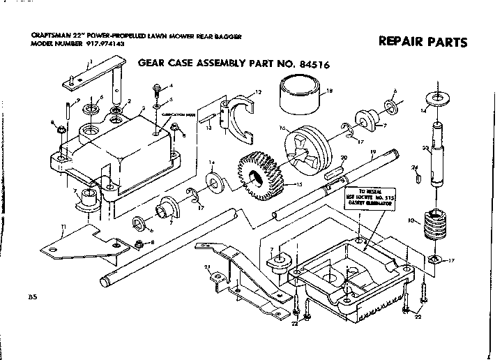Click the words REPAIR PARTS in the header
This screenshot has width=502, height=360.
pyautogui.click(x=423, y=41)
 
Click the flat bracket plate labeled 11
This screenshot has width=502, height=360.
pyautogui.click(x=84, y=241)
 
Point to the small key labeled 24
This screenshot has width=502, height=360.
pyautogui.click(x=416, y=177)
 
